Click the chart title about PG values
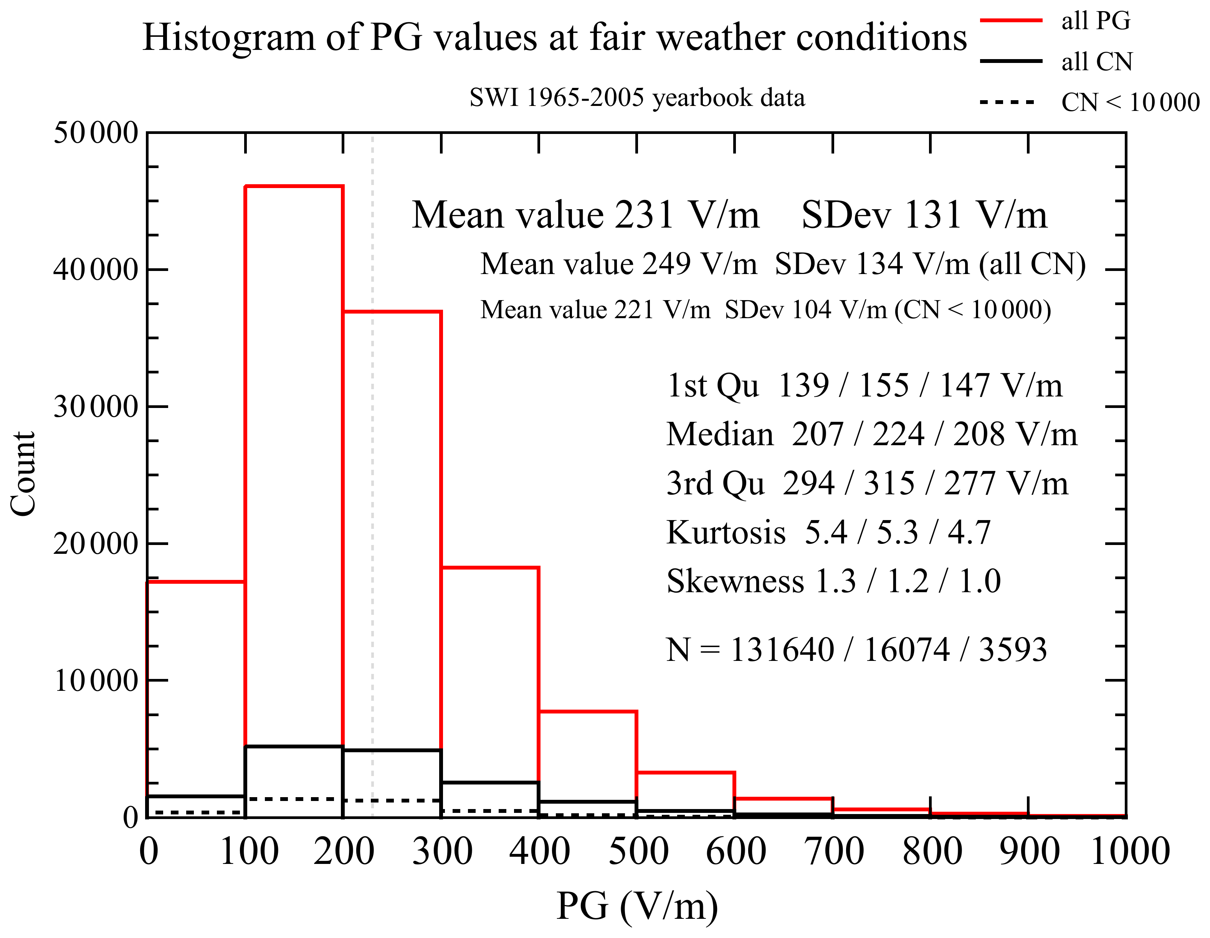pos(554,38)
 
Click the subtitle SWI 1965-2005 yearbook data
pos(637,98)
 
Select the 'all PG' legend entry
pos(1095,21)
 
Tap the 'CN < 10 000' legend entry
pos(1130,102)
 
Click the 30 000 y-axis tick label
pos(95,407)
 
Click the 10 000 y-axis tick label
pos(95,680)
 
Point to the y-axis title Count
pos(23,474)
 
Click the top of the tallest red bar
pos(294,187)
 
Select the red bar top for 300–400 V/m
pos(490,568)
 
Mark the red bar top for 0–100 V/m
pos(196,582)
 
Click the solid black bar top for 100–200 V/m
pos(294,747)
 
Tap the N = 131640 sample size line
pos(856,649)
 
